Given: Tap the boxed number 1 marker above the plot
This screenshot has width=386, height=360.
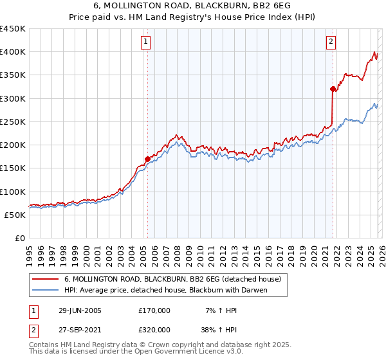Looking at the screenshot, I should [x=146, y=42].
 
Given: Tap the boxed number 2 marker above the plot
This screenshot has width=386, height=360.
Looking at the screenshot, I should [x=331, y=42].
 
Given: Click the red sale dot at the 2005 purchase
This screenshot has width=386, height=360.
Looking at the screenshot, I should [x=147, y=158].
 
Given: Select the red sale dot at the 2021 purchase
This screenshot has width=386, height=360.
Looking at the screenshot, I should [x=333, y=89].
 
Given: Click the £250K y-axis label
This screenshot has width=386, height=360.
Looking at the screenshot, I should [x=13, y=122].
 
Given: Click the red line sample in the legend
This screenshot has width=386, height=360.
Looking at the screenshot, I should [x=45, y=280].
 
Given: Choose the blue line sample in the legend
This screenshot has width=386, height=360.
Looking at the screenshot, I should [x=45, y=290].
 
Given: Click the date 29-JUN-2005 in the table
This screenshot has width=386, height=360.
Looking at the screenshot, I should [x=80, y=310].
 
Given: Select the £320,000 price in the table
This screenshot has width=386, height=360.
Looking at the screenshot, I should [x=154, y=329].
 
